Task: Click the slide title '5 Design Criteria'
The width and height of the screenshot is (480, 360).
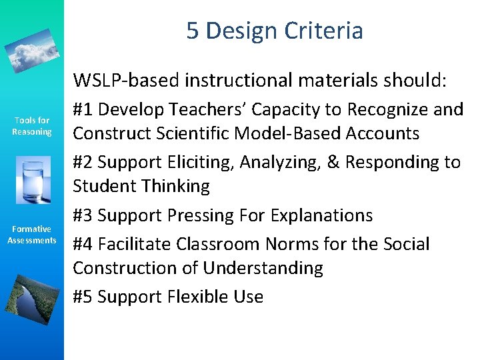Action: coord(275,31)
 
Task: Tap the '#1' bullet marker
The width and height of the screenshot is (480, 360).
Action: coord(83,109)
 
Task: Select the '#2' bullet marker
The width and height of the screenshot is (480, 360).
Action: coord(83,162)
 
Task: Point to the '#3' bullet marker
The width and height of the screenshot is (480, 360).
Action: coord(83,215)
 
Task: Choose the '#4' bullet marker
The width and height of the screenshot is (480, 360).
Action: coord(83,244)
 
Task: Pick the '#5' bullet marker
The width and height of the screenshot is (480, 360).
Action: coord(83,297)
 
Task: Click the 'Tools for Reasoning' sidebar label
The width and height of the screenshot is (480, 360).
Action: coord(32,126)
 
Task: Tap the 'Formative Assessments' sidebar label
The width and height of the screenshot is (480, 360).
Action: coord(32,235)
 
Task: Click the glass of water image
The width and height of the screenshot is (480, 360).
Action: coord(31,180)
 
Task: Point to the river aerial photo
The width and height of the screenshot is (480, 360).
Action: coord(31,293)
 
